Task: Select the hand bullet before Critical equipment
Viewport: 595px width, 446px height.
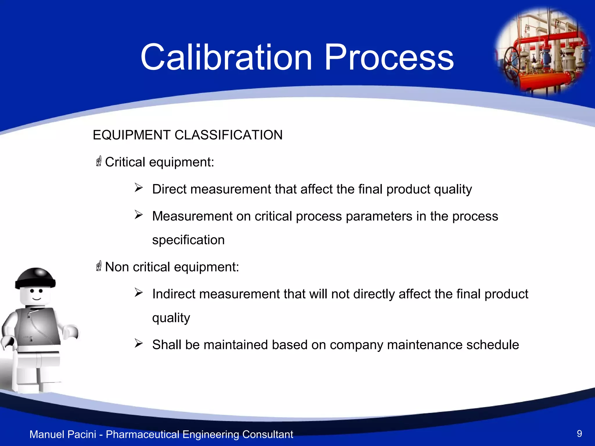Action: pyautogui.click(x=99, y=161)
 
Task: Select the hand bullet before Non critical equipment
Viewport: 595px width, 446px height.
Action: pyautogui.click(x=99, y=266)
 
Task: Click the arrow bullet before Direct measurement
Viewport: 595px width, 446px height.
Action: pyautogui.click(x=139, y=188)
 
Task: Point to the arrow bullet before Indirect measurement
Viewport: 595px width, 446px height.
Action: pyautogui.click(x=139, y=293)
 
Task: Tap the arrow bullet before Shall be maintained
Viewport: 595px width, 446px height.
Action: pyautogui.click(x=139, y=344)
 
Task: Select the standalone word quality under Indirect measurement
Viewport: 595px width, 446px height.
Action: pyautogui.click(x=171, y=318)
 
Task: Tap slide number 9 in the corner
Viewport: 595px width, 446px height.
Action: pyautogui.click(x=579, y=434)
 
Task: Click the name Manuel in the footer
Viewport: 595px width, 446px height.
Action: pyautogui.click(x=47, y=434)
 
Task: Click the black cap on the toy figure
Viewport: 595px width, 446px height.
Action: pyautogui.click(x=35, y=278)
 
